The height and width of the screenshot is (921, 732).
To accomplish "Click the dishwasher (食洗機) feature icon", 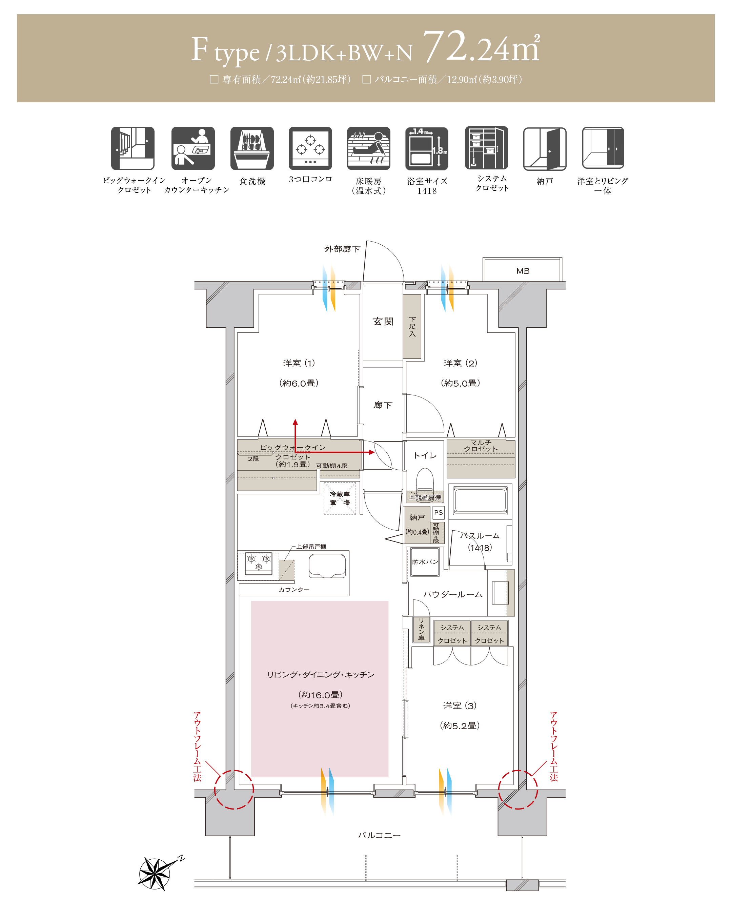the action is (x=252, y=148).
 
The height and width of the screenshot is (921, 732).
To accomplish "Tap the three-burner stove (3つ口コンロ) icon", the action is (x=310, y=148).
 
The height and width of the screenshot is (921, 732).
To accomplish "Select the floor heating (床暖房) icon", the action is (x=368, y=148).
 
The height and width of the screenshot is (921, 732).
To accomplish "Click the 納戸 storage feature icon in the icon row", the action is (x=545, y=148).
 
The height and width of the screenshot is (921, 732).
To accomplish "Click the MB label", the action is (x=523, y=271).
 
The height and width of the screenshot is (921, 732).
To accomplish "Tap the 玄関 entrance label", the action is (x=383, y=321).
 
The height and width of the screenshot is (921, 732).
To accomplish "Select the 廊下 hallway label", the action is (x=383, y=405).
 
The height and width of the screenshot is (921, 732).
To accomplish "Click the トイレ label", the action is (x=425, y=455).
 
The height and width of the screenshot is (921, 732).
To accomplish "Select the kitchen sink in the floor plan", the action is (x=327, y=566).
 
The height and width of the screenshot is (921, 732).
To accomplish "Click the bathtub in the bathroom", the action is (x=480, y=499).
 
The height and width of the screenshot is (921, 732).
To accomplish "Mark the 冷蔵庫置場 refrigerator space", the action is (x=340, y=498).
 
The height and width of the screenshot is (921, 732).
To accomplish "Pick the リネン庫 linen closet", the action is (x=421, y=630).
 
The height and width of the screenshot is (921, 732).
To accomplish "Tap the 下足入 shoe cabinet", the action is (x=412, y=326).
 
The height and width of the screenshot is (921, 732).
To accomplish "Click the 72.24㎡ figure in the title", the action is (x=481, y=48).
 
